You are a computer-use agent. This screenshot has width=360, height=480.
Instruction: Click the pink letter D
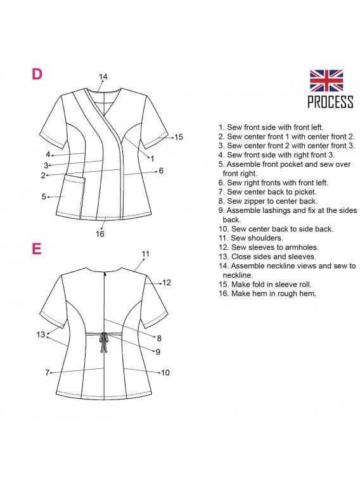[37, 74]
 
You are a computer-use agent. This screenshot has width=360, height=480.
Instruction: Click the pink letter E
[36, 249]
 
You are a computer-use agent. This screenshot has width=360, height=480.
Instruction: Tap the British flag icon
[326, 81]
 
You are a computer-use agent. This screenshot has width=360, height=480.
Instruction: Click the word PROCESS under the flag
[330, 101]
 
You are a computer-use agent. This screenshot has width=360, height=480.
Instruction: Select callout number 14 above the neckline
[103, 77]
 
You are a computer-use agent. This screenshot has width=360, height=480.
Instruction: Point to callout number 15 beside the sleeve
[179, 137]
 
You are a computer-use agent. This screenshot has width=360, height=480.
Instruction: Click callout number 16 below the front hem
[100, 233]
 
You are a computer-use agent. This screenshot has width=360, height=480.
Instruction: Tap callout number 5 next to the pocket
[44, 196]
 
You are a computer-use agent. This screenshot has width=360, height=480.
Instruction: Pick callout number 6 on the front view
[161, 171]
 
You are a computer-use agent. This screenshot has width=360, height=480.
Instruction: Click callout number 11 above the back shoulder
[145, 254]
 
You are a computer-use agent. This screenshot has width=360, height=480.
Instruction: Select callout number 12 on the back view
[167, 282]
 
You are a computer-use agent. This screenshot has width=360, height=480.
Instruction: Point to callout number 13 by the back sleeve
[41, 334]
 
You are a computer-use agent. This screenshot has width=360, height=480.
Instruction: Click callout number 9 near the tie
[158, 352]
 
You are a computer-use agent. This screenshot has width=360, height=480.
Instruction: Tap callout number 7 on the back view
[47, 373]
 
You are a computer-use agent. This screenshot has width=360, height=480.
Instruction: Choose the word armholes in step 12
[299, 247]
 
